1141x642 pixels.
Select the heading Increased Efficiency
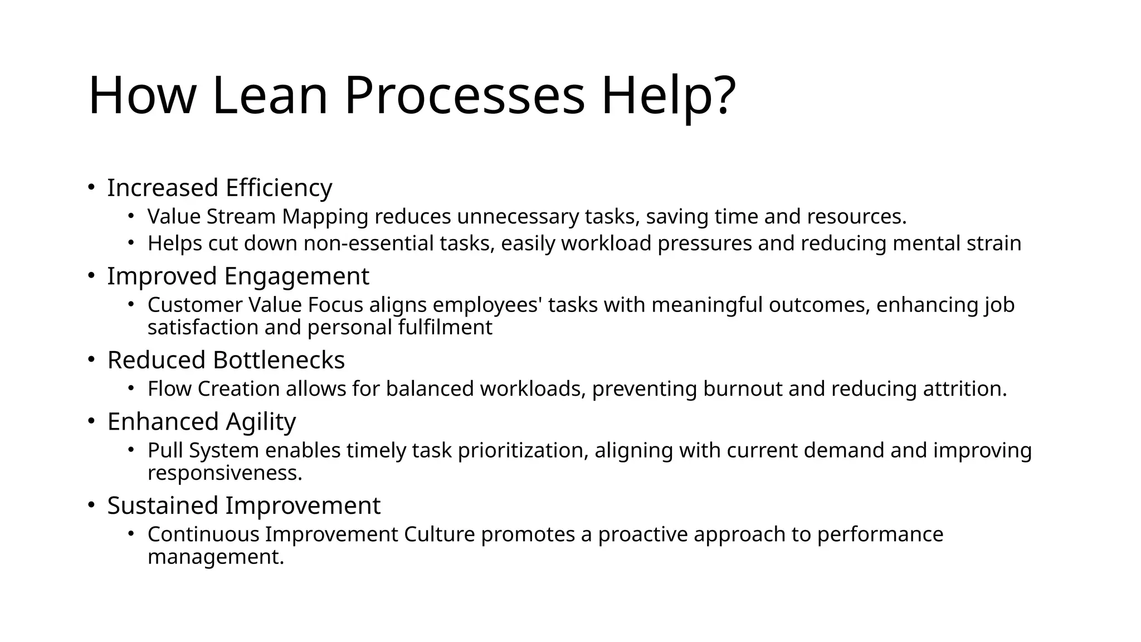point(220,188)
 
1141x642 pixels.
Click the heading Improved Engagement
point(238,276)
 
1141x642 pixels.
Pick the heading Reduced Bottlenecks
point(226,360)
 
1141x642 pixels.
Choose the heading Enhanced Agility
point(201,422)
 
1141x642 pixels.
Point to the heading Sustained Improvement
point(243,506)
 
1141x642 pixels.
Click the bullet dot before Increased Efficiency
point(91,187)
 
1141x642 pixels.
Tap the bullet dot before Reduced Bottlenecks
point(91,359)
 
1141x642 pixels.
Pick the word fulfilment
point(445,328)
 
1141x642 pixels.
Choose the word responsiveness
point(225,473)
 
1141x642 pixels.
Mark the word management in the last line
point(216,557)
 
